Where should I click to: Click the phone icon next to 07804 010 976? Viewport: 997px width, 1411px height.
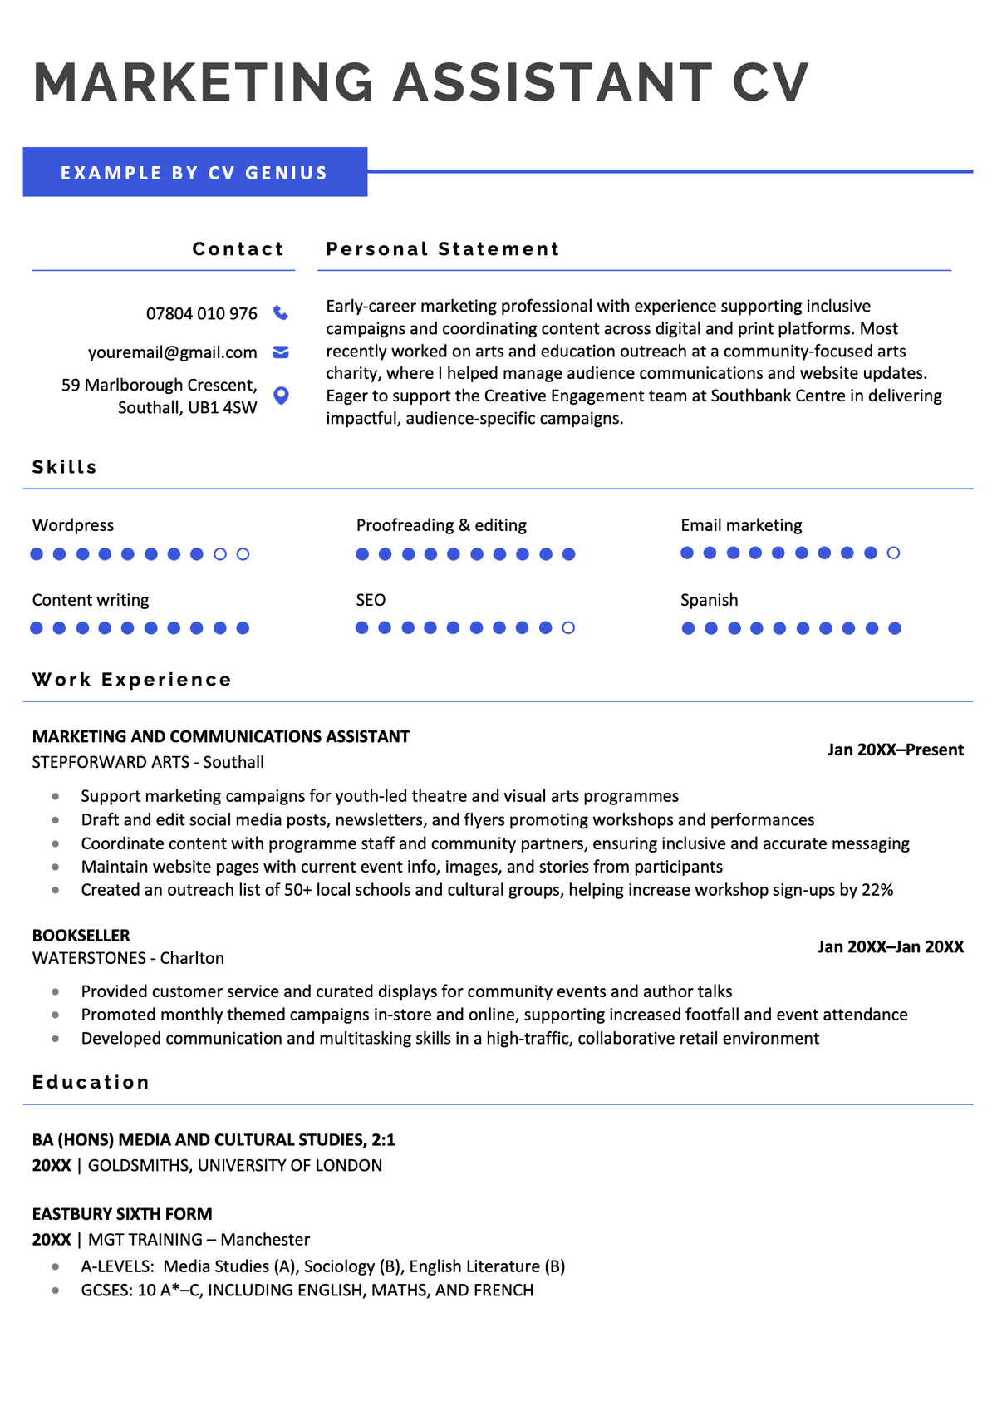click(281, 313)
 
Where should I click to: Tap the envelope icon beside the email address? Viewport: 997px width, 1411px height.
click(281, 352)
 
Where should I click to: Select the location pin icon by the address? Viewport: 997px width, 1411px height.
click(281, 396)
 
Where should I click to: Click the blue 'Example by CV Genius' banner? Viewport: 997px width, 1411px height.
click(194, 173)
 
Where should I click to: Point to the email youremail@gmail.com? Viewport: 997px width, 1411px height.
click(173, 352)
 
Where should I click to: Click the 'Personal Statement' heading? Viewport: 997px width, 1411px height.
click(443, 249)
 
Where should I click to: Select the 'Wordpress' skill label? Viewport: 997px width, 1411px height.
click(73, 525)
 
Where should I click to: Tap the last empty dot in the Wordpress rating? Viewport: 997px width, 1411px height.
click(243, 554)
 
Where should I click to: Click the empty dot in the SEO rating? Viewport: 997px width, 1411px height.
click(568, 628)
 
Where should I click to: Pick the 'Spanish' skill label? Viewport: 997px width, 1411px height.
click(709, 600)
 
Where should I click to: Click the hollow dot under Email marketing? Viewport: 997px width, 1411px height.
click(893, 553)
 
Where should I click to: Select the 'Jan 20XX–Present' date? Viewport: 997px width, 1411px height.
click(895, 750)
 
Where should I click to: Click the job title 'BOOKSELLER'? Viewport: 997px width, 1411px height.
click(81, 935)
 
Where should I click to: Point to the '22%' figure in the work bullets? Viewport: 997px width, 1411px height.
click(877, 890)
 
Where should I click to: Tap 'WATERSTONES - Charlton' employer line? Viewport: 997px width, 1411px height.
click(128, 958)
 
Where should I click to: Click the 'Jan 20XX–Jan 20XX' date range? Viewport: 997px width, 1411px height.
click(890, 946)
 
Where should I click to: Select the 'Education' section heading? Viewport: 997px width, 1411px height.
click(91, 1082)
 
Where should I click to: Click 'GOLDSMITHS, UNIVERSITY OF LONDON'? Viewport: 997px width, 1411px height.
click(235, 1165)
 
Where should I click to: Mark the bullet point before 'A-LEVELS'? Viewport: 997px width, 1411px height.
click(56, 1267)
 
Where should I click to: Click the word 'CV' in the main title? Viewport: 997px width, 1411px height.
click(770, 82)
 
